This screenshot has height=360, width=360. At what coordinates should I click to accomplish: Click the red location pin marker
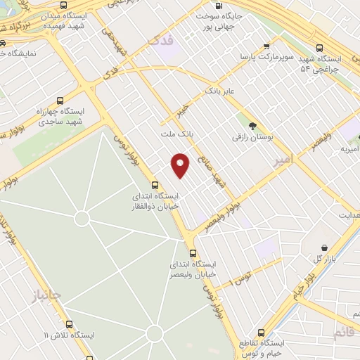pos(181,164)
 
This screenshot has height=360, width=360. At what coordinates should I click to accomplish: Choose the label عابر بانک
pos(219,91)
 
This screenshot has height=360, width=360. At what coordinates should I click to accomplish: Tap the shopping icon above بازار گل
pos(324,247)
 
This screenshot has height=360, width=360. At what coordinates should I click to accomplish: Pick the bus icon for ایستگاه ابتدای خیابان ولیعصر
pos(193,252)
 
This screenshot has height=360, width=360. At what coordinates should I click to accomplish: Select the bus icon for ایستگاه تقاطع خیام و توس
pos(261,332)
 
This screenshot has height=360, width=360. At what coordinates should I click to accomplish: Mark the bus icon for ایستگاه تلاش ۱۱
pos(69,324)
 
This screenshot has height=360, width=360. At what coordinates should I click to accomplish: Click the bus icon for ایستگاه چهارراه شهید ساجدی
pos(60,101)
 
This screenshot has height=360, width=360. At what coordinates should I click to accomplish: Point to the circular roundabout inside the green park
pos(82,219)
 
